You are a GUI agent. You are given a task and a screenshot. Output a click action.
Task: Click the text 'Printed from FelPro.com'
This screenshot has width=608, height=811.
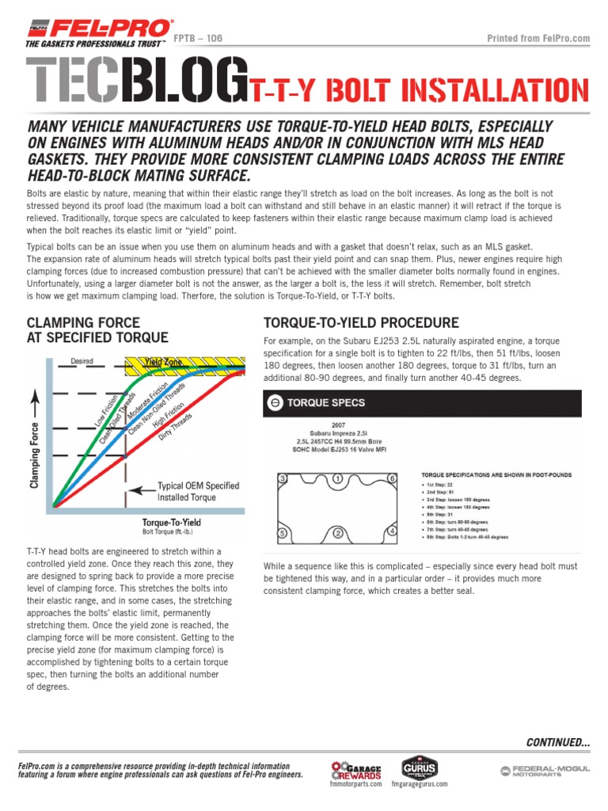(538, 38)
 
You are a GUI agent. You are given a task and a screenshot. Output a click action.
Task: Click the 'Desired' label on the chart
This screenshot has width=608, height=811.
(82, 361)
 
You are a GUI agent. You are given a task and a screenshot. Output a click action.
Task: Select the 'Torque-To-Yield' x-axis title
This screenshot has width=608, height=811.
(171, 523)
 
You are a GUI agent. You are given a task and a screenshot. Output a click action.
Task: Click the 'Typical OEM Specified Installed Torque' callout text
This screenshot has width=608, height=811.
(198, 492)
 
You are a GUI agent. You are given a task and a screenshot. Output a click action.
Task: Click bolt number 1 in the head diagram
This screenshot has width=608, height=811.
(339, 479)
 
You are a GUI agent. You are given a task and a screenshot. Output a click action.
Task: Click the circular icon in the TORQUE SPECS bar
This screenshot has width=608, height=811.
(275, 402)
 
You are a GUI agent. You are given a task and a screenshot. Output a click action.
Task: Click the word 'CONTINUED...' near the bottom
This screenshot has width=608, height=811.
(558, 742)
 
